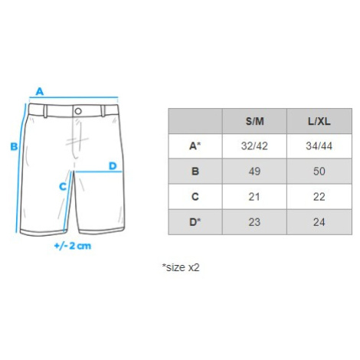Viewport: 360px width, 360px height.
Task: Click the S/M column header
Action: point(254,121)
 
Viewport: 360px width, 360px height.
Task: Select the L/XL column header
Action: point(319,121)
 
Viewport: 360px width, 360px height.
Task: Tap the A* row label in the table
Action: point(195,146)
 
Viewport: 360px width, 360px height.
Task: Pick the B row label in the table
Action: point(195,172)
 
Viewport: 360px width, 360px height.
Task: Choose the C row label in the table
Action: point(195,197)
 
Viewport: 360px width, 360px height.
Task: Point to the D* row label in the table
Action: point(195,222)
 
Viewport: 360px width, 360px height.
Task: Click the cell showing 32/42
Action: point(254,146)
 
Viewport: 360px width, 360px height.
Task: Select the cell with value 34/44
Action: point(319,146)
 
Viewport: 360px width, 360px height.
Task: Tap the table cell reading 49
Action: point(254,172)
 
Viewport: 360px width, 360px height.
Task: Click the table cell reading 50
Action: point(319,172)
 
